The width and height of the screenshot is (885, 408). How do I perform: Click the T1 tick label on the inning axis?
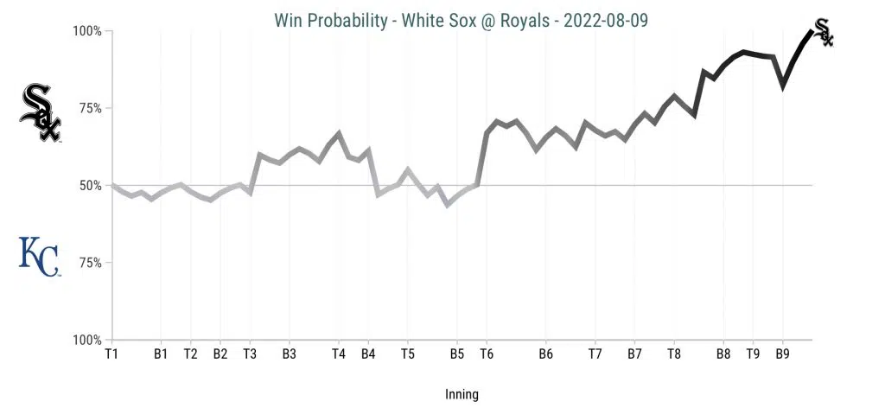point(111,354)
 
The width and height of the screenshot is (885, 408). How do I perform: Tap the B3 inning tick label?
point(289,354)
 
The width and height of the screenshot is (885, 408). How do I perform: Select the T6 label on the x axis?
point(487,354)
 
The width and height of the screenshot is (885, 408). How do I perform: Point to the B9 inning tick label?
point(782,354)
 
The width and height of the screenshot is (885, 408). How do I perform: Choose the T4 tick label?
point(339,354)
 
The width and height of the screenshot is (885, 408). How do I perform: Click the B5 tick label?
point(457,354)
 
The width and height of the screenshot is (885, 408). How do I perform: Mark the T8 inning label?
point(674,354)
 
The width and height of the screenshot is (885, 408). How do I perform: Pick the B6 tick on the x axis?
point(545,354)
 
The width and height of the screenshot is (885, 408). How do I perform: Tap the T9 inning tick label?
point(753,354)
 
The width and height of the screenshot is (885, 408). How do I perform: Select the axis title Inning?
point(462,394)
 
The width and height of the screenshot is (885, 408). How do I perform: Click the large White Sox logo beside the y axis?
point(41,112)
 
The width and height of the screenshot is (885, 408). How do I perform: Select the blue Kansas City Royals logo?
point(40,257)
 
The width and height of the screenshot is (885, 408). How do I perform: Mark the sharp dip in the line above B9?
point(783,86)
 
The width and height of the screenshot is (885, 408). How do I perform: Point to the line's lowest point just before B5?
point(448,205)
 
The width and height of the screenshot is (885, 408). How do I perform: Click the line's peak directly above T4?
point(339,133)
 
